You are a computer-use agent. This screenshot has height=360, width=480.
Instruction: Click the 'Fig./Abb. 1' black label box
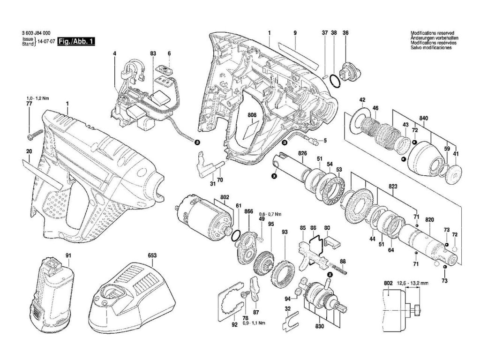76,41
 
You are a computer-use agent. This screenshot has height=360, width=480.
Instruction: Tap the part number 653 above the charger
152,256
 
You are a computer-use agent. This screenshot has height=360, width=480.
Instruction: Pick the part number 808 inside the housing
252,115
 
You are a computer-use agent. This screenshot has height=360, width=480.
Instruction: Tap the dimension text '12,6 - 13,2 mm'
413,284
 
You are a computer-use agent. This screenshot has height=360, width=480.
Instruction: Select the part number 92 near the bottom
234,323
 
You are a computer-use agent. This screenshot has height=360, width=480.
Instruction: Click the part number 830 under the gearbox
320,327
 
